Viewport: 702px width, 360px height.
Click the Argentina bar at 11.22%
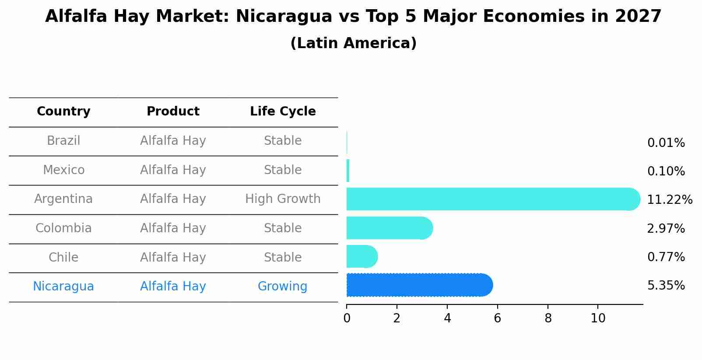(x=490, y=199)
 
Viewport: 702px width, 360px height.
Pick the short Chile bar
(x=362, y=256)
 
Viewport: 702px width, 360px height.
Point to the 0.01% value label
(x=666, y=143)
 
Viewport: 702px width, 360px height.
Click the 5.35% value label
(x=666, y=286)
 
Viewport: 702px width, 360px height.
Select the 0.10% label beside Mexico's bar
(x=666, y=171)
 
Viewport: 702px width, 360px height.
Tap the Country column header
(x=63, y=112)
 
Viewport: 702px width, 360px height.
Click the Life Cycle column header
(x=283, y=112)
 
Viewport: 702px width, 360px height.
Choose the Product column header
(x=173, y=112)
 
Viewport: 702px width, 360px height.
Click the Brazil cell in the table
(x=63, y=141)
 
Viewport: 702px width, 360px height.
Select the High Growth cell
(x=283, y=199)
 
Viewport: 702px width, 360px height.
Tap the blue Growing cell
(x=282, y=287)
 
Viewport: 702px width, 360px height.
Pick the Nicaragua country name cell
(x=63, y=287)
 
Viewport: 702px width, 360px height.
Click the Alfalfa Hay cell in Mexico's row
(x=173, y=170)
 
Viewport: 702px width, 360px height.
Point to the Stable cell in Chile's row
(x=283, y=257)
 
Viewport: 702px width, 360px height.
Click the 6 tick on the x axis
(x=497, y=318)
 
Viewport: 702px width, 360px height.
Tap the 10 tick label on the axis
(x=598, y=318)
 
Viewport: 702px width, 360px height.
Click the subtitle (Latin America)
(x=353, y=43)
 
